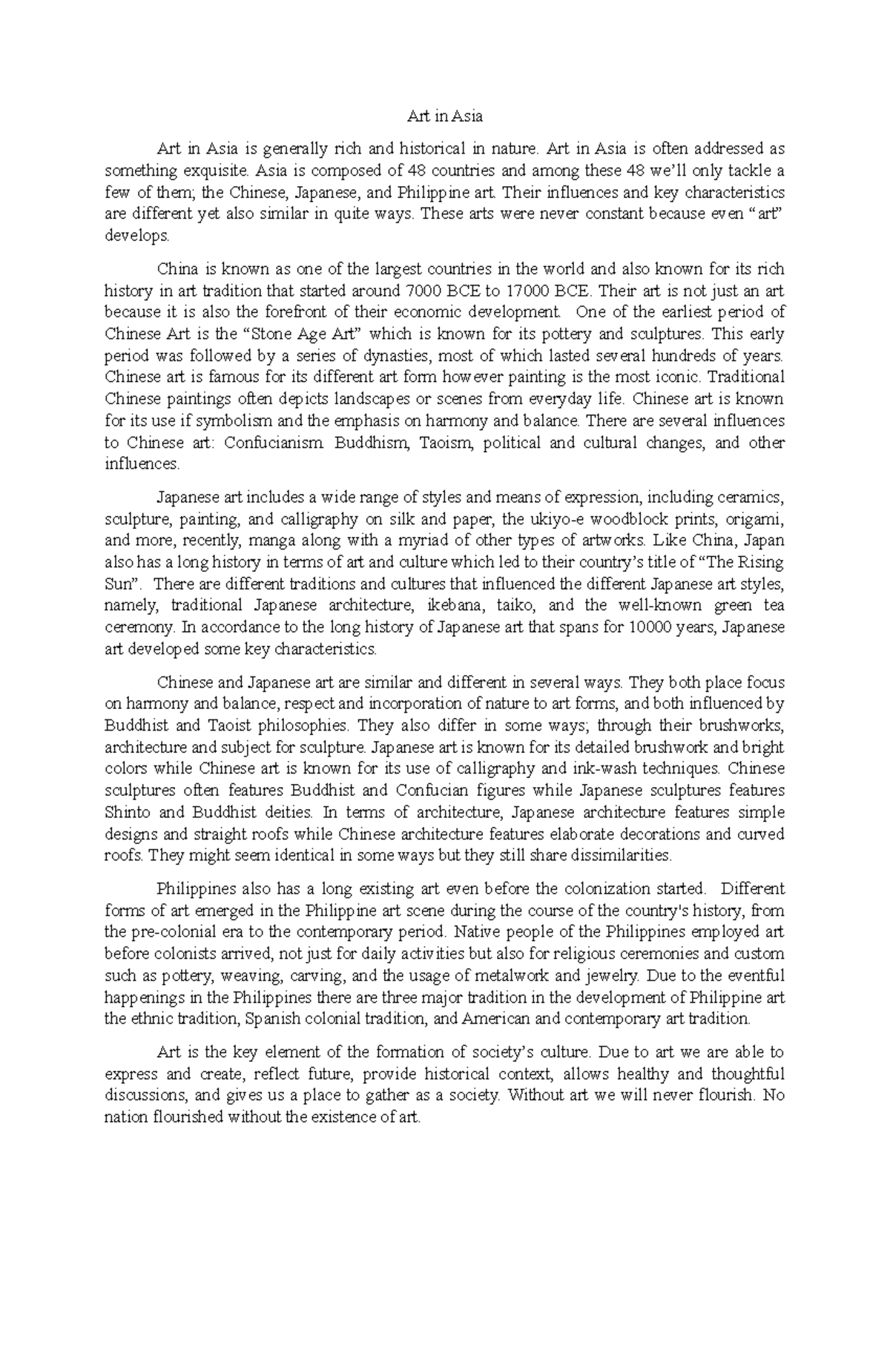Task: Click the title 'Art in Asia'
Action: coord(445,116)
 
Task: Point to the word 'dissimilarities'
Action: coord(620,855)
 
